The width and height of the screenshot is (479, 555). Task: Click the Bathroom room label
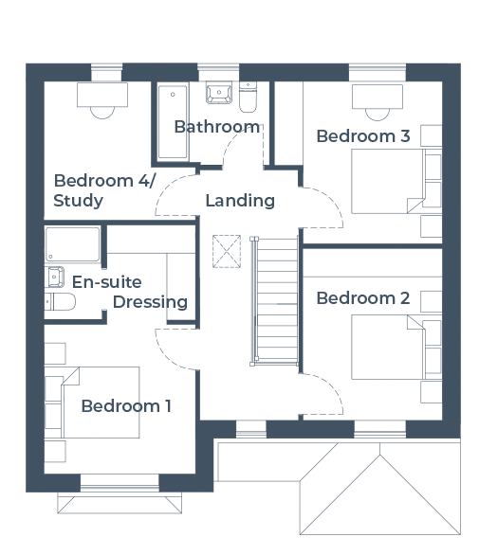217,127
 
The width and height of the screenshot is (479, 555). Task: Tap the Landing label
240,201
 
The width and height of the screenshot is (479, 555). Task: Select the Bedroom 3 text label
363,136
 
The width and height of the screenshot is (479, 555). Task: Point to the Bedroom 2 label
363,298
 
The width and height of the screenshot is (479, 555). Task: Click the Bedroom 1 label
126,406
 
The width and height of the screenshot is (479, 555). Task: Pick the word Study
78,201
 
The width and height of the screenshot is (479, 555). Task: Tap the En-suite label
107,282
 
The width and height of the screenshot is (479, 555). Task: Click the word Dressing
150,302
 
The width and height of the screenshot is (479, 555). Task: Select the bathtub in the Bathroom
173,122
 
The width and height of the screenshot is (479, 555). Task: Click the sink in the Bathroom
219,93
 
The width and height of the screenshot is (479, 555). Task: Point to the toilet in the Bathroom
248,97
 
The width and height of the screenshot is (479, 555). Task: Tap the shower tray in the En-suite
73,244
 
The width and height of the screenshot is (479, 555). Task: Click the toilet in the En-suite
60,301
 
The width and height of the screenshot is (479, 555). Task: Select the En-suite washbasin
54,277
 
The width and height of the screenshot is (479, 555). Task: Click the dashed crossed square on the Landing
227,251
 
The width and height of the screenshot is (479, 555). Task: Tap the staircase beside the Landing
275,301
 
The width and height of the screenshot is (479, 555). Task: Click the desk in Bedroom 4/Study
102,95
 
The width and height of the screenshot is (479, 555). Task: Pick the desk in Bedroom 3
378,97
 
